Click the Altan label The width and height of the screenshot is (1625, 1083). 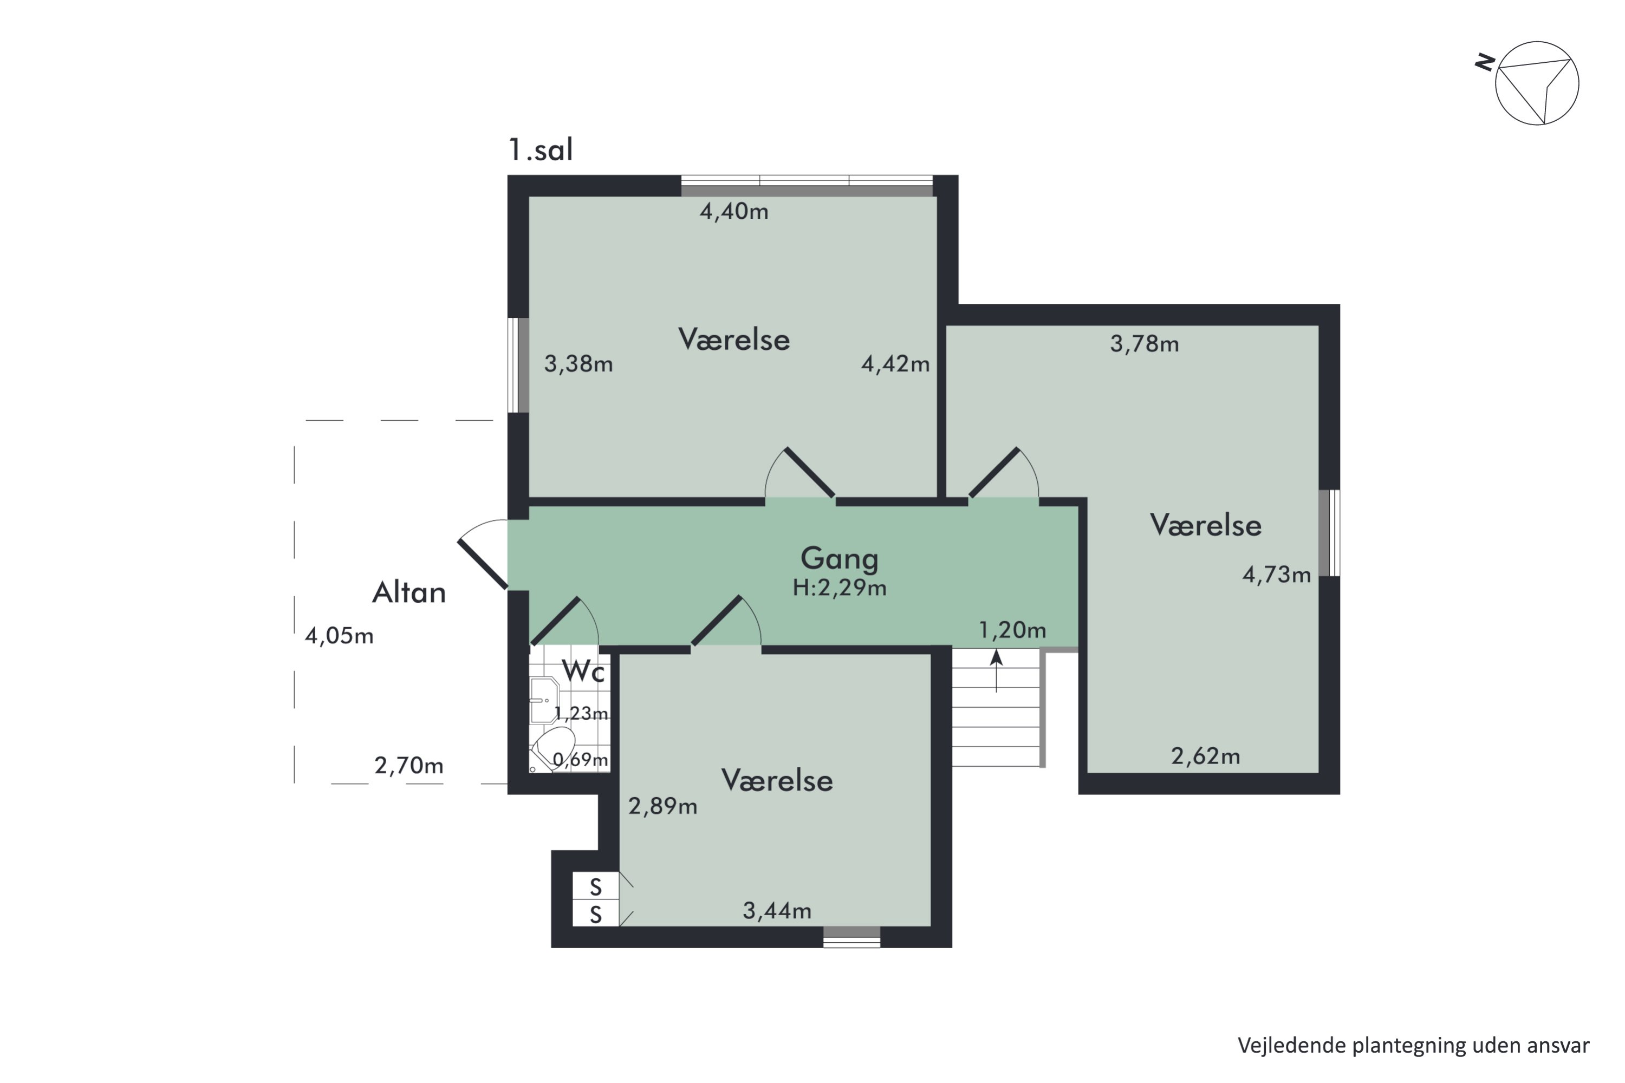[x=409, y=592]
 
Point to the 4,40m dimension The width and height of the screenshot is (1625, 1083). [x=734, y=211]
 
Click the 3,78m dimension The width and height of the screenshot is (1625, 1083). [x=1144, y=344]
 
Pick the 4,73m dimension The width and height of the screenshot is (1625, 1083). [x=1276, y=575]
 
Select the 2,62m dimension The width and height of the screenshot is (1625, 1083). [x=1206, y=756]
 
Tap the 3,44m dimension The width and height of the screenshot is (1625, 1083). [x=777, y=911]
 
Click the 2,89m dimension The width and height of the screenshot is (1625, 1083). [x=662, y=806]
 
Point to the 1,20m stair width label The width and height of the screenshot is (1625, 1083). [x=1012, y=630]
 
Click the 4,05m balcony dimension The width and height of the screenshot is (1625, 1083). [x=339, y=635]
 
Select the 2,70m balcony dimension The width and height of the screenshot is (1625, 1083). [x=409, y=765]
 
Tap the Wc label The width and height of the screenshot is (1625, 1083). [x=584, y=671]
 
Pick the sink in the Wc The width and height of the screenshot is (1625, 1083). [x=544, y=700]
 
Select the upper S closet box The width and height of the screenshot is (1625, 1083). [x=595, y=886]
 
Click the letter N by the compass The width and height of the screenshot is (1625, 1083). [x=1485, y=63]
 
